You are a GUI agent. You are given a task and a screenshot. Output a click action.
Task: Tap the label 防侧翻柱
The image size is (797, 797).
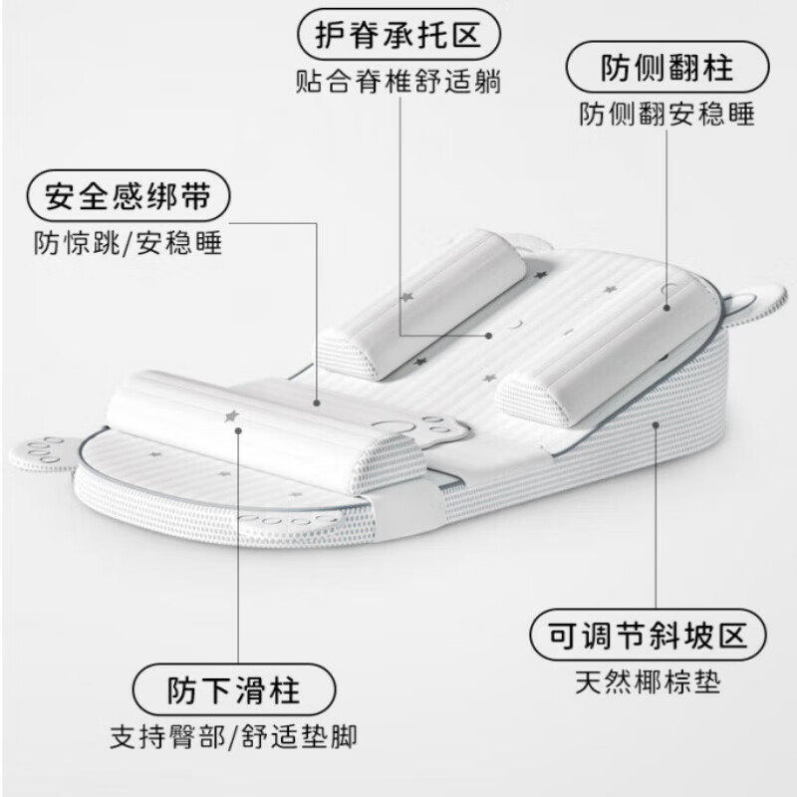coord(666,70)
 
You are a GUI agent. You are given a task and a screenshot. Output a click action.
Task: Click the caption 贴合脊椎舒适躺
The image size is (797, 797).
coord(398,83)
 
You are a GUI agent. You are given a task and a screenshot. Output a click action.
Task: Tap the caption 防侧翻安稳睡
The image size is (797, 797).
coord(666,114)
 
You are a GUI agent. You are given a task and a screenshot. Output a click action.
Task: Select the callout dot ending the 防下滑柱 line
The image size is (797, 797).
coord(239,430)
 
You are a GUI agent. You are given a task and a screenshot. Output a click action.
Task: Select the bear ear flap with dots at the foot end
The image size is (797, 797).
coord(42,448)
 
